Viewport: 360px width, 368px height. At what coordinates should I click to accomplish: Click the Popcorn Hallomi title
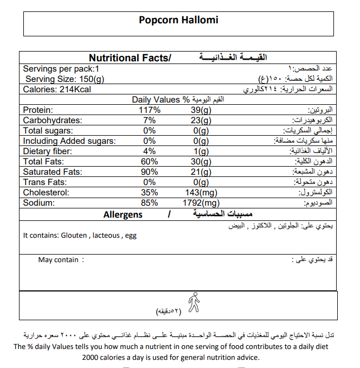(178, 20)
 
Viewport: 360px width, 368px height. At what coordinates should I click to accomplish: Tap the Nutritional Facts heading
(129, 58)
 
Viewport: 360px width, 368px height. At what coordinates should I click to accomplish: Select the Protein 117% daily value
(150, 110)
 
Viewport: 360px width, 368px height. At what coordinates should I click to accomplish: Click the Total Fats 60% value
(150, 161)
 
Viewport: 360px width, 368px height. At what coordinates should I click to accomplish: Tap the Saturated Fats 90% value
(150, 172)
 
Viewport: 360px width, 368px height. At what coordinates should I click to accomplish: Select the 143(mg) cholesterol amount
(201, 192)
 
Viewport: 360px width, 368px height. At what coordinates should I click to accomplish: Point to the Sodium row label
(40, 202)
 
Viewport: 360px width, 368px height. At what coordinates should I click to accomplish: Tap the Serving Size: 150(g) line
(65, 79)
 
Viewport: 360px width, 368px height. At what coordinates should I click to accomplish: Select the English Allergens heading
(123, 214)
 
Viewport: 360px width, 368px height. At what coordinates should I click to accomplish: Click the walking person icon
(193, 302)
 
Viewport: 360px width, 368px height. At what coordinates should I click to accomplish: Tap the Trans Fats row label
(44, 182)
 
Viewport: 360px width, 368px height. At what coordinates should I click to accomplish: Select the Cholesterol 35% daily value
(150, 192)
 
